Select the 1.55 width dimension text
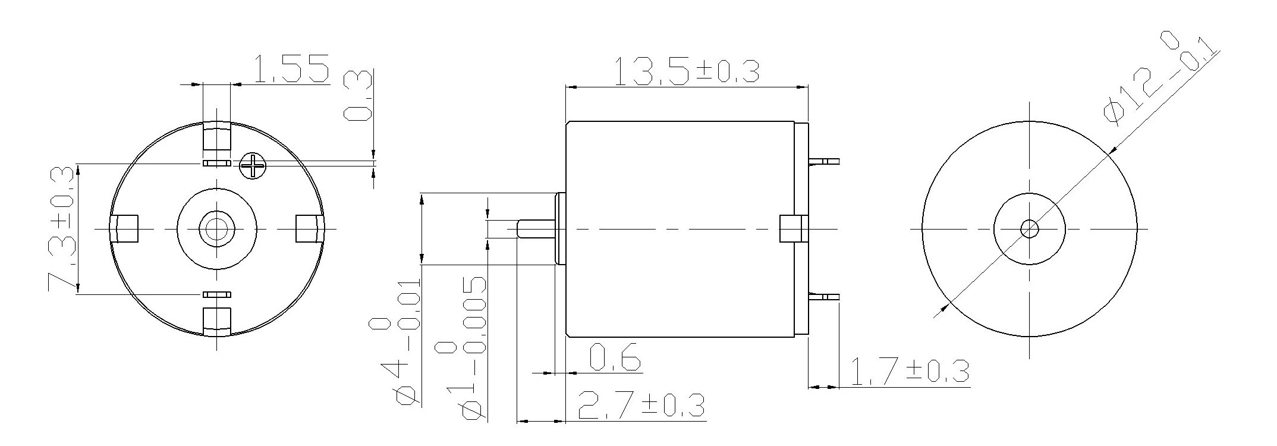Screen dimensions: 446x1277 point(291,68)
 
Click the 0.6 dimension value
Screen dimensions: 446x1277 point(615,357)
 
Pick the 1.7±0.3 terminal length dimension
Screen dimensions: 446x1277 point(910,371)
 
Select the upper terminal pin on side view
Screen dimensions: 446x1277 point(824,161)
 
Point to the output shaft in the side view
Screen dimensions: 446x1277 point(535,230)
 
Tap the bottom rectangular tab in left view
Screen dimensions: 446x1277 point(216,322)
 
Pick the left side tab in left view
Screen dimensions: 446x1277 point(124,229)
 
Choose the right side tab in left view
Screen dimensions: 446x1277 point(309,229)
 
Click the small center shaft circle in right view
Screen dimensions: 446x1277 point(1029,228)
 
